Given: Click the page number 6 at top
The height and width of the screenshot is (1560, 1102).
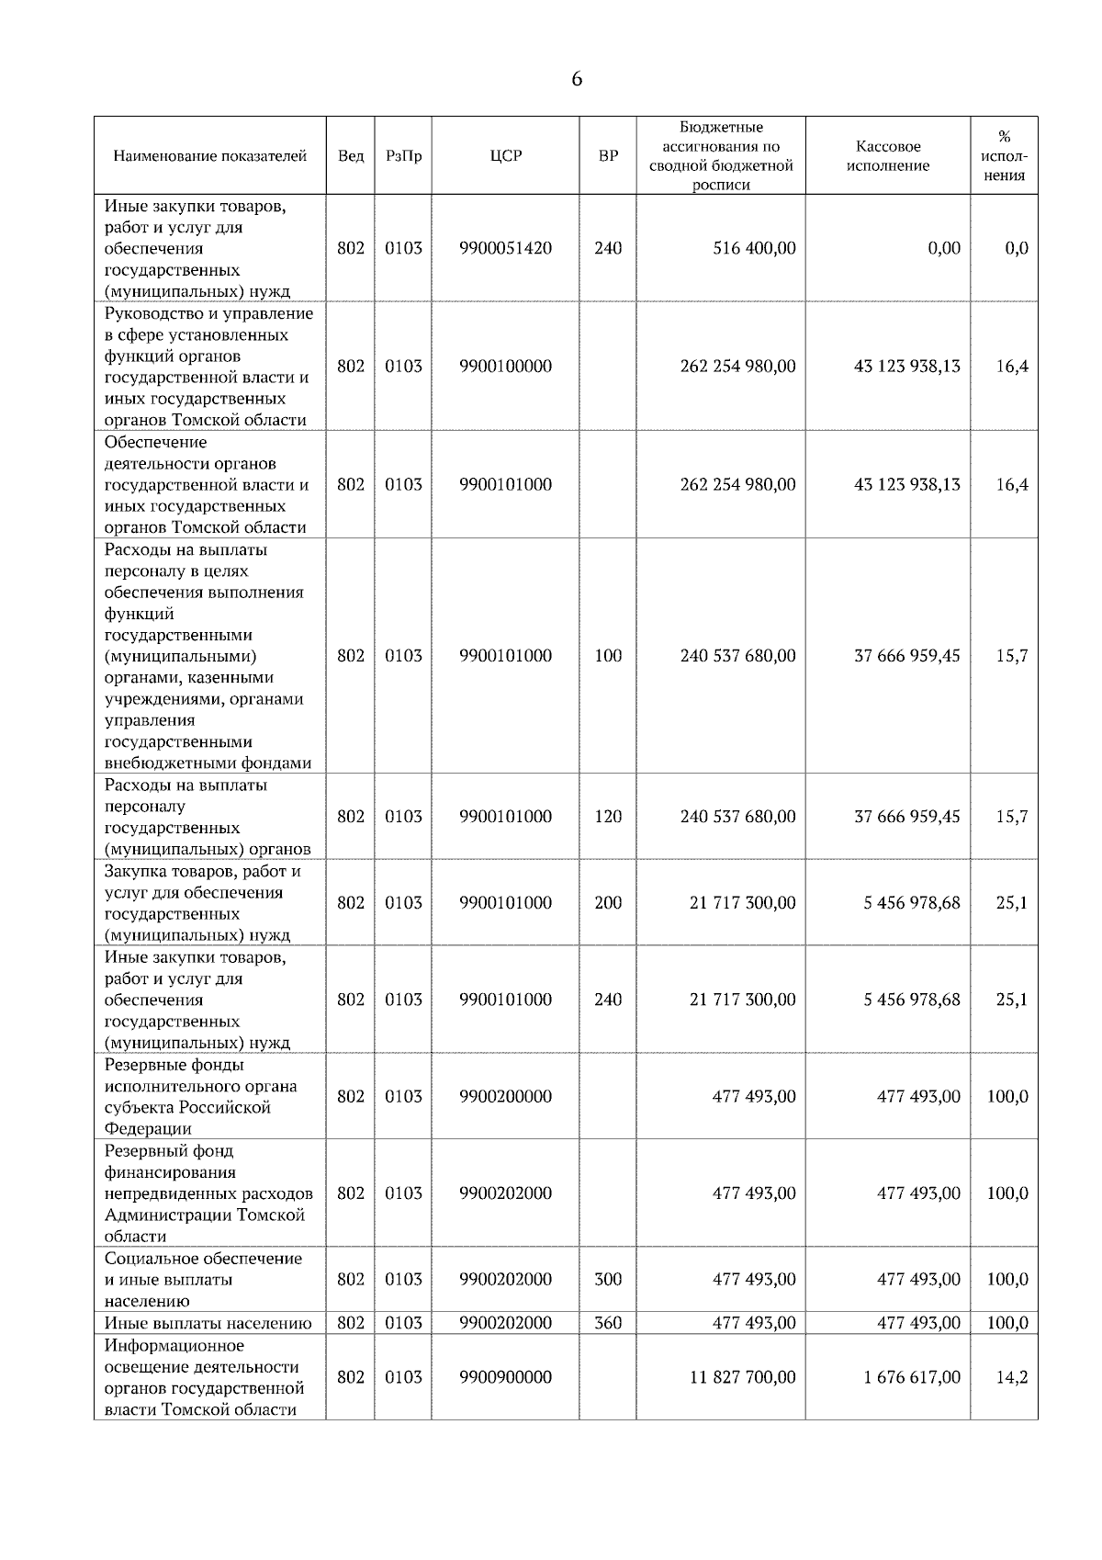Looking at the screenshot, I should (x=577, y=80).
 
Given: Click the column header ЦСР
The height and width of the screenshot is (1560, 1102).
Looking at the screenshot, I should (x=505, y=156).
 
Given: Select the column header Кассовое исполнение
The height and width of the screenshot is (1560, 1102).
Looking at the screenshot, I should (x=887, y=156).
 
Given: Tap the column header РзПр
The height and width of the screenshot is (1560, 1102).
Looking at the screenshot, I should (x=403, y=156).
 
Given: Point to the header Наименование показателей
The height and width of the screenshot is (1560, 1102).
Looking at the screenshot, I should (x=209, y=156).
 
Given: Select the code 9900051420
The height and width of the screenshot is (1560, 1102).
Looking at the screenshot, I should (x=505, y=248).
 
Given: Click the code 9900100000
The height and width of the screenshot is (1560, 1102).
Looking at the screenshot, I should (x=505, y=367).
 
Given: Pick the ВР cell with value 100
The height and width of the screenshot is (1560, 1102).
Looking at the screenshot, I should (x=608, y=656).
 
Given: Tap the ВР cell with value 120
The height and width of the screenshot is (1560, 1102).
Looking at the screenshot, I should (x=608, y=817).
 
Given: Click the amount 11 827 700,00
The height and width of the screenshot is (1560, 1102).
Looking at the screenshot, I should (x=742, y=1377).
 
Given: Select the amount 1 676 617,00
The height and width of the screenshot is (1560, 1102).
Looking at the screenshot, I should (x=911, y=1377).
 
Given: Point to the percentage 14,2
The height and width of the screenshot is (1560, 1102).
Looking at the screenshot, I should (x=1012, y=1377).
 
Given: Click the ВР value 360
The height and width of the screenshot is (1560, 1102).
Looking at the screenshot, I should (x=608, y=1323).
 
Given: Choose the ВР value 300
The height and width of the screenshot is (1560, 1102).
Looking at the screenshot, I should (x=608, y=1280).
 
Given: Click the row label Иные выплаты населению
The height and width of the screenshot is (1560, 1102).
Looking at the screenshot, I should (x=208, y=1323).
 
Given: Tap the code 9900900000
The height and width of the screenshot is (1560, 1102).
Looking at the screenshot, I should (x=505, y=1377).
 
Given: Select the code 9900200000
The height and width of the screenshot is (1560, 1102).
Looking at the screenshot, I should (x=505, y=1097).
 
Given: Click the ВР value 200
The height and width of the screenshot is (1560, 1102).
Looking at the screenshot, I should (x=608, y=903).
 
